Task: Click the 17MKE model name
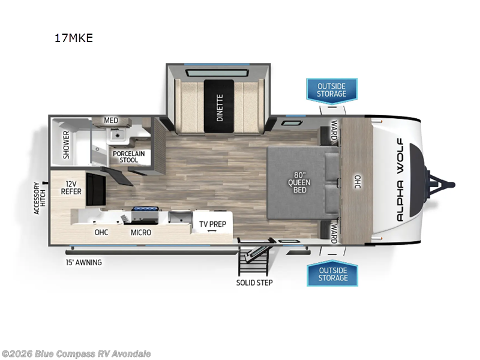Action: (x=73, y=38)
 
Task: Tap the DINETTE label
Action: (x=220, y=107)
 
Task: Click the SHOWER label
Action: (x=66, y=144)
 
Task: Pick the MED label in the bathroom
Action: (x=111, y=121)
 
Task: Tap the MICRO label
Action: (x=142, y=232)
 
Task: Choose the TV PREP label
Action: (x=212, y=225)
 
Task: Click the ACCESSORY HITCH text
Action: (x=40, y=197)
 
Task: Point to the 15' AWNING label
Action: (x=84, y=262)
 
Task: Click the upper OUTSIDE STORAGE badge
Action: (x=332, y=89)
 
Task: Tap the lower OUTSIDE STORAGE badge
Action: (x=332, y=274)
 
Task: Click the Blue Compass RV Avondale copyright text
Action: (x=76, y=353)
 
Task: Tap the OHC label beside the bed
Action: (x=357, y=181)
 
